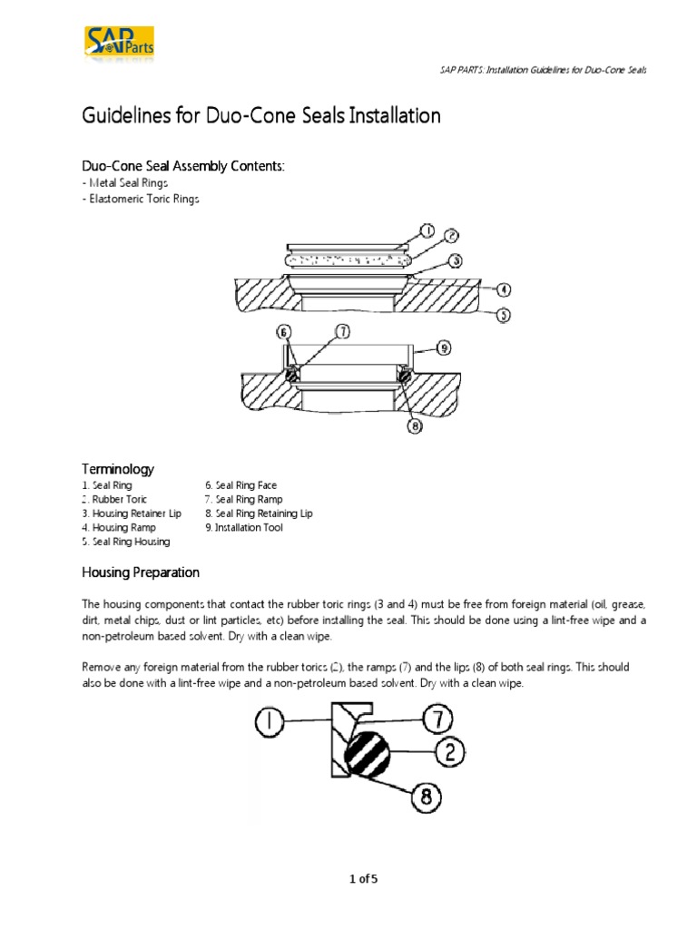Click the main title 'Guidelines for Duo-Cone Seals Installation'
261,116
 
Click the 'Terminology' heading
118,469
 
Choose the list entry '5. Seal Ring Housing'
125,541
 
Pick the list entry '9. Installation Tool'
244,527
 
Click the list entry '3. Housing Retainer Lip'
132,513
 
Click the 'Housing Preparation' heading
141,573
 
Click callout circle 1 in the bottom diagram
269,722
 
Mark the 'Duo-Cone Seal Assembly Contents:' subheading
183,166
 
